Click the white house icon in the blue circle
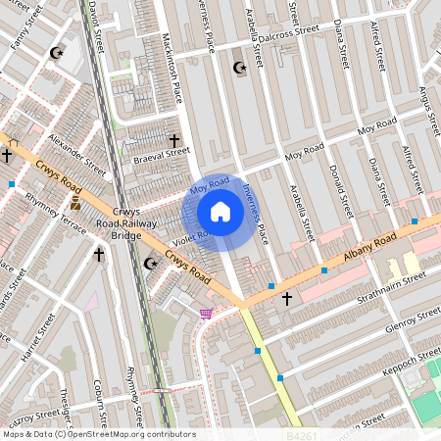(220, 212)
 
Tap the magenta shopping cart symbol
(206, 314)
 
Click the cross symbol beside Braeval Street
(176, 141)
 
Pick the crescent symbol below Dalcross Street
(238, 68)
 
